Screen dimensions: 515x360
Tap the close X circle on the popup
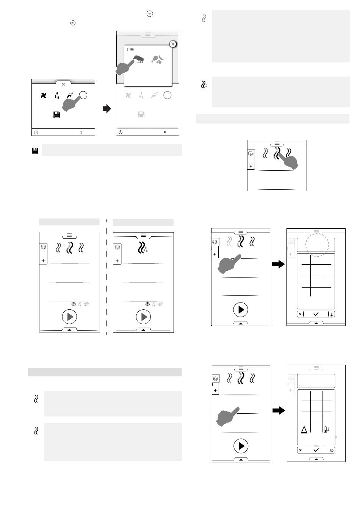pyautogui.click(x=173, y=44)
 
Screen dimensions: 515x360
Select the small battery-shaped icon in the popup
pyautogui.click(x=130, y=50)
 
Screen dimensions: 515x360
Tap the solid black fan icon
pyautogui.click(x=44, y=95)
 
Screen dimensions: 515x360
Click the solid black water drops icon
pyautogui.click(x=56, y=95)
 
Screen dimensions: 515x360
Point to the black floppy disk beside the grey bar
pyautogui.click(x=34, y=151)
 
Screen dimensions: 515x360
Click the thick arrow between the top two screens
pyautogui.click(x=107, y=109)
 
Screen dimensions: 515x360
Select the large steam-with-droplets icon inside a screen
pyautogui.click(x=142, y=247)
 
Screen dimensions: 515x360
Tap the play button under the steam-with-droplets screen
pyautogui.click(x=144, y=317)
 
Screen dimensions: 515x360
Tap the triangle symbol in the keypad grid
pyautogui.click(x=304, y=430)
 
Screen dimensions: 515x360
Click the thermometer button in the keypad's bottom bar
pyautogui.click(x=331, y=314)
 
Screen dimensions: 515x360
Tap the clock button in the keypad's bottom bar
pyautogui.click(x=332, y=450)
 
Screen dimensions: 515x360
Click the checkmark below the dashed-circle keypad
pyautogui.click(x=316, y=314)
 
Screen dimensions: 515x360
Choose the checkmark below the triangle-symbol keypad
pyautogui.click(x=316, y=450)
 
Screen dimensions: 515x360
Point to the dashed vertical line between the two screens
pyautogui.click(x=106, y=276)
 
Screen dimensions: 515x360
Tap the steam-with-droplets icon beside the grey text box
pyautogui.click(x=204, y=84)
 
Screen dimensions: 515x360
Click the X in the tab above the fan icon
pyautogui.click(x=63, y=84)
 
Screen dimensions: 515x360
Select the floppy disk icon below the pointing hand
pyautogui.click(x=57, y=115)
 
